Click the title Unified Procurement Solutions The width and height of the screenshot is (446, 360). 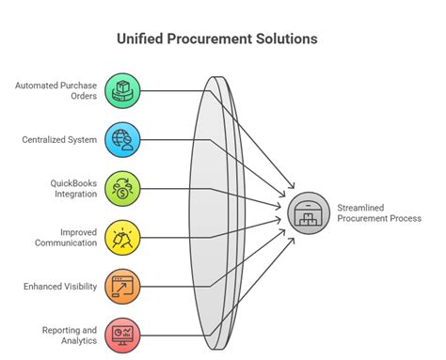[222, 39]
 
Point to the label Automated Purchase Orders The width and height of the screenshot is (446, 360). [56, 91]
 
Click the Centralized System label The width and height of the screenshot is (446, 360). [59, 139]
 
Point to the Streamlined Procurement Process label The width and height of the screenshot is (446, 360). [379, 211]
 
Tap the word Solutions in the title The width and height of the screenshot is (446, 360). [288, 39]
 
